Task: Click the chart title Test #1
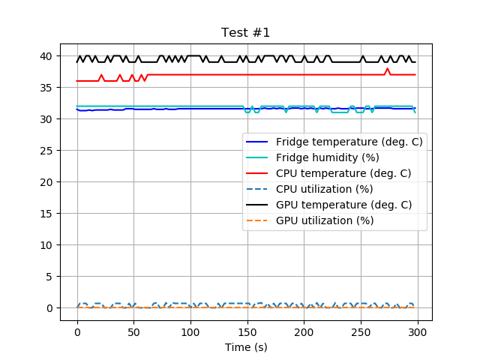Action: [245, 33]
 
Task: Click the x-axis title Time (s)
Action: [245, 347]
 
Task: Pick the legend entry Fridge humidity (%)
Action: [327, 157]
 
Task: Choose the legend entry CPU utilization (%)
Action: [324, 189]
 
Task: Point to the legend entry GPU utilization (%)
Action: [324, 220]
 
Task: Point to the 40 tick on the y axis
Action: [46, 56]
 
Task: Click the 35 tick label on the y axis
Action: [46, 88]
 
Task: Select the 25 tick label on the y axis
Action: [46, 151]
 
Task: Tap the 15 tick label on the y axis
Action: [46, 214]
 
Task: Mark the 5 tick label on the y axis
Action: [49, 277]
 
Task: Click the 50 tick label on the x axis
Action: [133, 332]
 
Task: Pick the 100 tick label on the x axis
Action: [190, 332]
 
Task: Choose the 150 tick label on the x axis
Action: [247, 332]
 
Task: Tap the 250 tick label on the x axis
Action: [361, 332]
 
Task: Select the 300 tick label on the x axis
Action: [418, 332]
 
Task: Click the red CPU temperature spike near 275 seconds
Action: [388, 69]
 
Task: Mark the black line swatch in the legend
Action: [259, 205]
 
